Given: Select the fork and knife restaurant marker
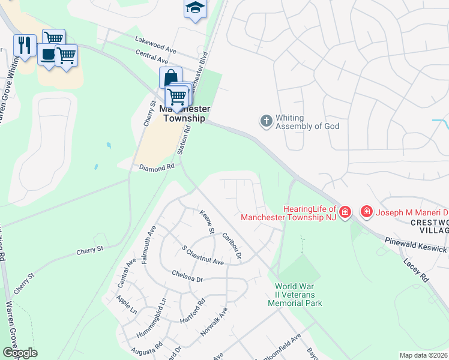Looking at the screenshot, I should [25, 45].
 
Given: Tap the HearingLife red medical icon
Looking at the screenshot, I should [345, 212].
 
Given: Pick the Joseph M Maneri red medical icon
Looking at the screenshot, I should [366, 212].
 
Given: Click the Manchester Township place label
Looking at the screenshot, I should [184, 113].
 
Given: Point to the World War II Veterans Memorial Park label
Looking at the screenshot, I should [299, 295].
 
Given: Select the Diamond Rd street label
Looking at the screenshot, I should [157, 167].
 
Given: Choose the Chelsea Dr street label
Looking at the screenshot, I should [187, 279].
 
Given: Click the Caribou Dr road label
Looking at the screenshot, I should [231, 246].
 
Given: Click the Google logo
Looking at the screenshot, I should [20, 352].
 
